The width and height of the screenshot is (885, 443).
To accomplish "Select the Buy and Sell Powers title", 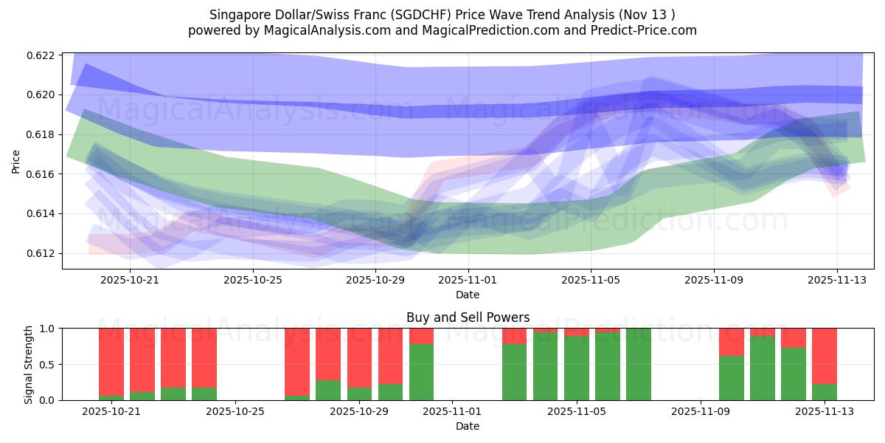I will pos(468,317).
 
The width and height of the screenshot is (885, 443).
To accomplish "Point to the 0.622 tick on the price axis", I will pos(42,55).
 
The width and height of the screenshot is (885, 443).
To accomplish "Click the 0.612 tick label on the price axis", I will pos(42,253).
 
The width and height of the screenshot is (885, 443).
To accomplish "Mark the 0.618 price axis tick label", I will pos(42,134).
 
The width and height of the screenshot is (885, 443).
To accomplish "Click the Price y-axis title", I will pos(16,161).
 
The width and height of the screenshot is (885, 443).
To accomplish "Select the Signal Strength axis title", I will pos(29,363).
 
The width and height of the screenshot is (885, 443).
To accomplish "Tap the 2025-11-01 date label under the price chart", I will pos(468,280).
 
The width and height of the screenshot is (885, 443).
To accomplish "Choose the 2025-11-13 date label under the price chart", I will pos(836,280).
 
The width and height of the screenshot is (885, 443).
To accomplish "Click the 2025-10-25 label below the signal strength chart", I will pos(235,411).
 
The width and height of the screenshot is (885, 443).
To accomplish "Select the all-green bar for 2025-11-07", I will pos(638,364).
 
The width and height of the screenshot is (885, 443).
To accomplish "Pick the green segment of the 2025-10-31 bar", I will pos(421,372).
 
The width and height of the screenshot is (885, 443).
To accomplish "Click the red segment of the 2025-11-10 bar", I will pos(731,342).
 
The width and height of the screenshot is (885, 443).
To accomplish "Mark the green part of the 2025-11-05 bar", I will pos(576,368).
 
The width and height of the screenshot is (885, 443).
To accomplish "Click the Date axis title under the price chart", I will pos(468,295).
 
